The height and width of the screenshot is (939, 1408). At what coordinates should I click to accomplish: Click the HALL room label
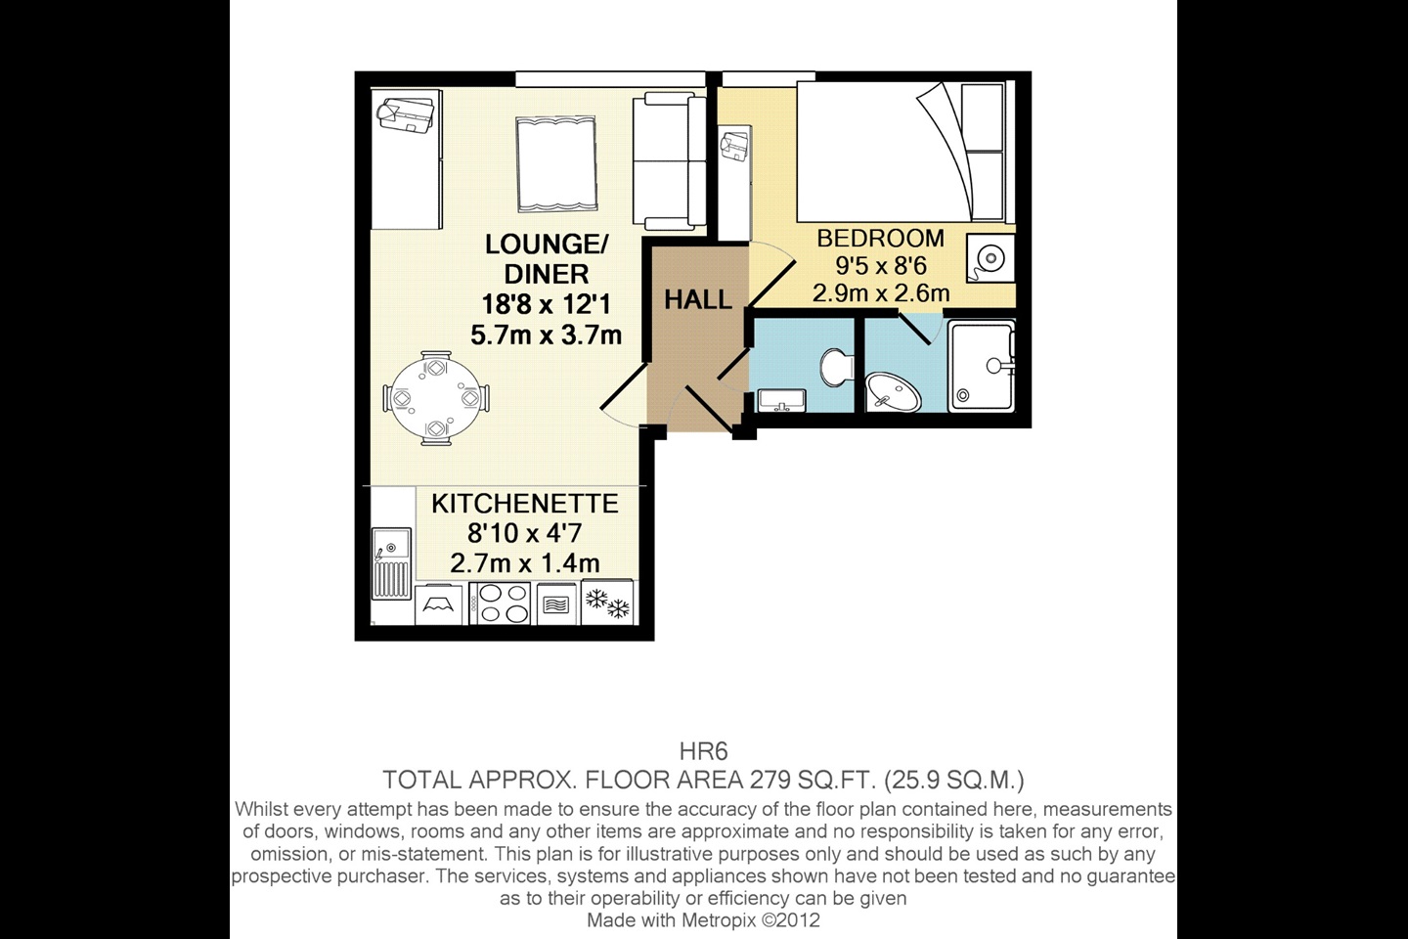[697, 299]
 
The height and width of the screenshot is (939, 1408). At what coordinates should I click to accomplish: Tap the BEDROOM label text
[880, 238]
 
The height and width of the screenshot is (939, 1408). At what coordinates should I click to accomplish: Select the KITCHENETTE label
[525, 504]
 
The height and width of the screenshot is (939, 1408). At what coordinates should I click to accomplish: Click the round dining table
[435, 399]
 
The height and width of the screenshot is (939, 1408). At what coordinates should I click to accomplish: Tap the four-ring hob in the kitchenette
[501, 604]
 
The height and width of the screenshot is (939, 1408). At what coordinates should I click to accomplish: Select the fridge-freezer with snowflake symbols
[607, 603]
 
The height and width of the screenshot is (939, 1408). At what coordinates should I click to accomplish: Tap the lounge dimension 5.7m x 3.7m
[546, 335]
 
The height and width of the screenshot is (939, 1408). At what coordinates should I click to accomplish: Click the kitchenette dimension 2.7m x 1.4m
[524, 563]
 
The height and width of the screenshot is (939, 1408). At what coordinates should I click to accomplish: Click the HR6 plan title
[703, 752]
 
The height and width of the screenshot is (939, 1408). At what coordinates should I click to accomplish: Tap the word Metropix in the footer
[710, 920]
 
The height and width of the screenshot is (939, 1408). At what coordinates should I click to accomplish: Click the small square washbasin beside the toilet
[781, 399]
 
